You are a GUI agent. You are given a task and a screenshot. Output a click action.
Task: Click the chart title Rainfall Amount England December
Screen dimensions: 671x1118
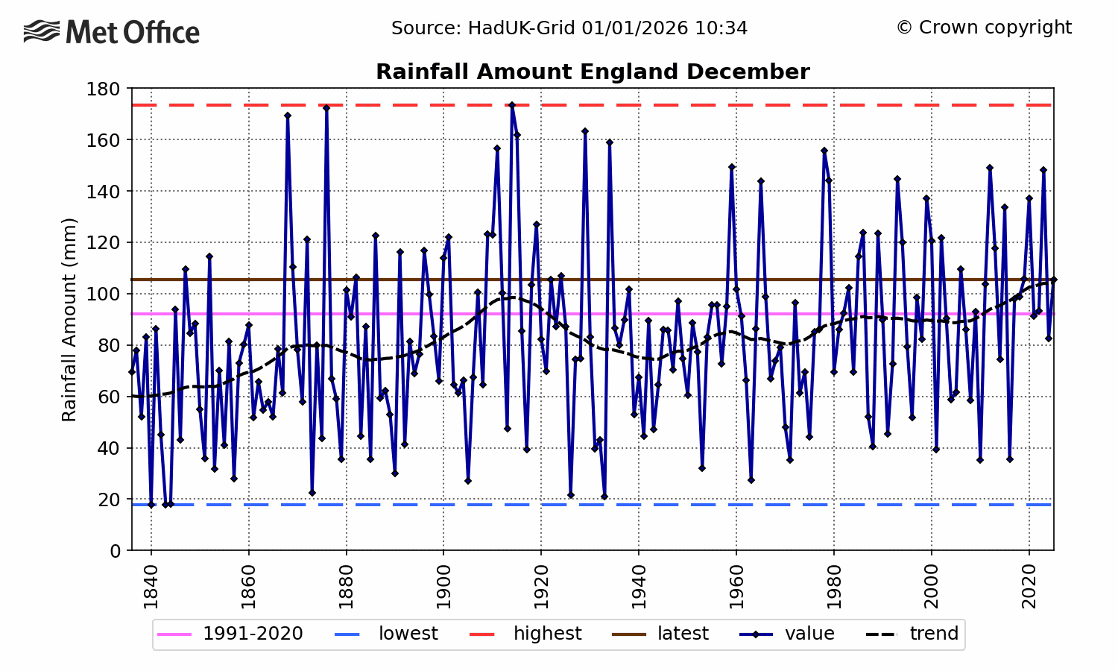[x=593, y=72]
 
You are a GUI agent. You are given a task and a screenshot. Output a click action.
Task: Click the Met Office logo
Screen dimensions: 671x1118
[x=112, y=32]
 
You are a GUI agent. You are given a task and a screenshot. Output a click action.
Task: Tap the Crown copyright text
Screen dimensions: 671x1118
[x=984, y=28]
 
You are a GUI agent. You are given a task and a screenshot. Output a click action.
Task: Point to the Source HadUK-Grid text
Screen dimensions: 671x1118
[x=569, y=28]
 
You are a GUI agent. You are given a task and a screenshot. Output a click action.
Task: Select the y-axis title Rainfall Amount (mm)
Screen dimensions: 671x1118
[x=69, y=319]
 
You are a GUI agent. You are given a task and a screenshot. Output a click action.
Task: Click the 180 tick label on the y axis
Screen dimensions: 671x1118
[x=104, y=89]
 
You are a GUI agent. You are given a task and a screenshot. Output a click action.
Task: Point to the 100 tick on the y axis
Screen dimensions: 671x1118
[x=104, y=294]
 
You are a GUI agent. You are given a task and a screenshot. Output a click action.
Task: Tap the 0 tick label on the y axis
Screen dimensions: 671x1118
[x=115, y=551]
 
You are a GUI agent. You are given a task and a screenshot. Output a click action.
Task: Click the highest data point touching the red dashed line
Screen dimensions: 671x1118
[x=512, y=105]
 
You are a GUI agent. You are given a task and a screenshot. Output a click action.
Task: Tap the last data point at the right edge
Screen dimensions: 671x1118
[x=1053, y=280]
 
